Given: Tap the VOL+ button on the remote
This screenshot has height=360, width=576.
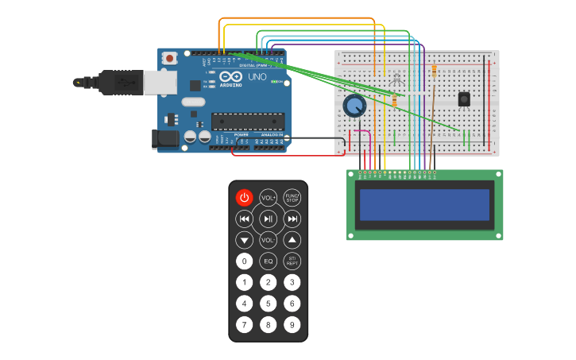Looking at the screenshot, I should (x=269, y=197).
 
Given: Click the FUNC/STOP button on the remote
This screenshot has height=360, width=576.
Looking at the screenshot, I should (x=292, y=197).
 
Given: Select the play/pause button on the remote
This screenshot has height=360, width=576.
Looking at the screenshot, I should (x=269, y=219).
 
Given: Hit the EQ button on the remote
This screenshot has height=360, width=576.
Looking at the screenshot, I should (x=269, y=261).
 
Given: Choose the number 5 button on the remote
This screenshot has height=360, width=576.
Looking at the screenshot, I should (x=269, y=304).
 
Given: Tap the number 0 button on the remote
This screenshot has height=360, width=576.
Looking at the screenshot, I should (x=244, y=261).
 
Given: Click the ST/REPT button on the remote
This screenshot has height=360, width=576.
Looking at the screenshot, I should (x=292, y=261).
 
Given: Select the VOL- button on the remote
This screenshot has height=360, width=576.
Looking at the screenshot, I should (x=269, y=240).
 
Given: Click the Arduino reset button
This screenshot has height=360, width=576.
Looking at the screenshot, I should (x=169, y=58).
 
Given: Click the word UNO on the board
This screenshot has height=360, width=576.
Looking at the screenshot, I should (x=257, y=78).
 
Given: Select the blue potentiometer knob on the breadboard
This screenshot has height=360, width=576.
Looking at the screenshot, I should (x=354, y=105).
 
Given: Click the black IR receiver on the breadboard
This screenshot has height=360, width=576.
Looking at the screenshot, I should (x=464, y=99).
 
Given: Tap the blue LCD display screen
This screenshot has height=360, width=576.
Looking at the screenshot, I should (x=424, y=205).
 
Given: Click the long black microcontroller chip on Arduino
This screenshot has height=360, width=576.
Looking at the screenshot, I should (x=247, y=122).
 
